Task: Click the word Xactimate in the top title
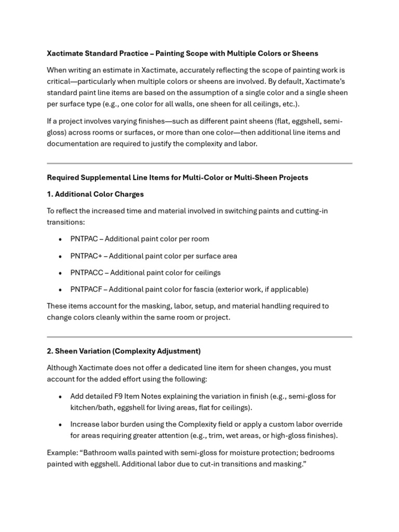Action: click(x=65, y=54)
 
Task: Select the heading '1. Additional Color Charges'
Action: click(x=95, y=194)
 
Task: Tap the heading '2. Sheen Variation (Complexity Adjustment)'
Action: click(x=124, y=351)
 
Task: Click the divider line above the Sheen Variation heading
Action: click(x=199, y=337)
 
